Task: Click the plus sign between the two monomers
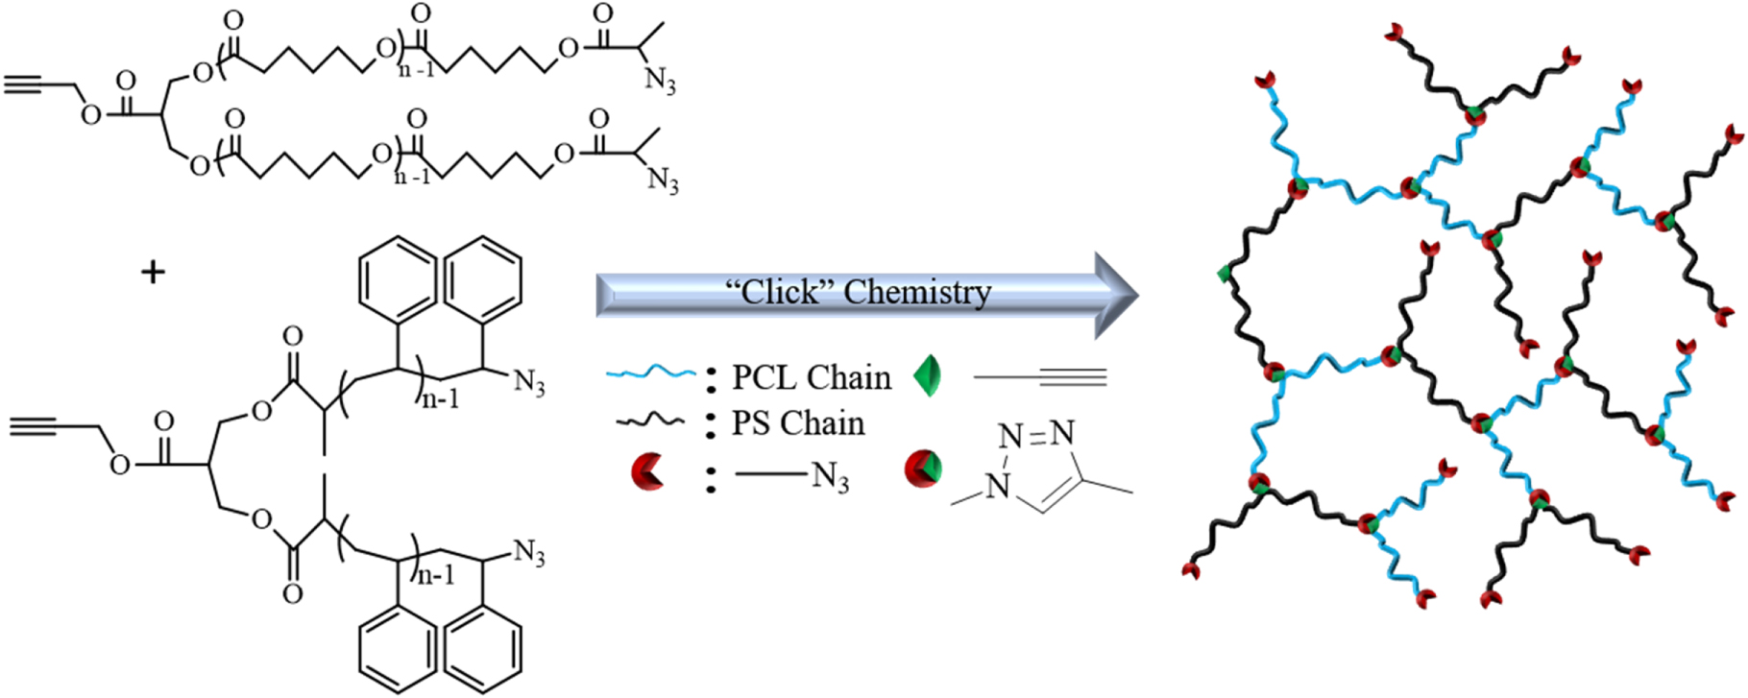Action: [x=153, y=273]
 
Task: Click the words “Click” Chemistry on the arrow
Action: [x=859, y=292]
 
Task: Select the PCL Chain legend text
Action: [x=812, y=377]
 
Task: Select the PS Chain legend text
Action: [x=798, y=423]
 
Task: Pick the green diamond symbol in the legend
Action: [x=927, y=376]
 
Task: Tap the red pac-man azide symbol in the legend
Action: [x=647, y=471]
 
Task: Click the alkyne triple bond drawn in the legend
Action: [x=1072, y=377]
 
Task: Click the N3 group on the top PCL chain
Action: [x=660, y=82]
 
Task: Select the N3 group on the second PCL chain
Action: [x=663, y=180]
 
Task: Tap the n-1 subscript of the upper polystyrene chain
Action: [x=441, y=398]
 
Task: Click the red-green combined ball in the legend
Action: [x=923, y=469]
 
